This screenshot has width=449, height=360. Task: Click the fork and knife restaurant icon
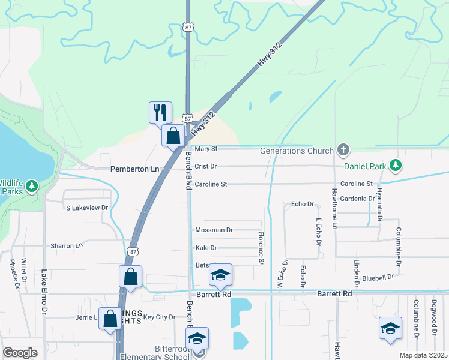(160, 112)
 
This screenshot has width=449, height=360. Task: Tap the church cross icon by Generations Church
(343, 149)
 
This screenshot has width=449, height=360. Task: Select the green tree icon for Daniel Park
(395, 164)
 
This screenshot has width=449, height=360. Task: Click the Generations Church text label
(297, 151)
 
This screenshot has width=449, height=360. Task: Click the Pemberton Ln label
(135, 170)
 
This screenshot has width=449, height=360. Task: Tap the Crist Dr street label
(205, 166)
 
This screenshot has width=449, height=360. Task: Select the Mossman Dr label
(214, 230)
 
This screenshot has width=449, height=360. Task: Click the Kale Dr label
(206, 248)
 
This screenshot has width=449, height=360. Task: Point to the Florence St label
(261, 248)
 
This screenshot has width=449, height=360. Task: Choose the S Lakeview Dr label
(87, 208)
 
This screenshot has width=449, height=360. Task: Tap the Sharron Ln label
(66, 246)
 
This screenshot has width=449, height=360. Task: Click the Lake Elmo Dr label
(44, 293)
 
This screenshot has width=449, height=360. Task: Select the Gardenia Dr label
(357, 199)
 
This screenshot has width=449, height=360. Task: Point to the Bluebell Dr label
(378, 278)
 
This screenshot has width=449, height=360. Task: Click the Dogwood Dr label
(435, 314)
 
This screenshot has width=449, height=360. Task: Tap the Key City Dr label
(159, 317)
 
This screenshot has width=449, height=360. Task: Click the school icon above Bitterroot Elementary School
(197, 339)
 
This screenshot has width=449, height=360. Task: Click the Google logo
(20, 353)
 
